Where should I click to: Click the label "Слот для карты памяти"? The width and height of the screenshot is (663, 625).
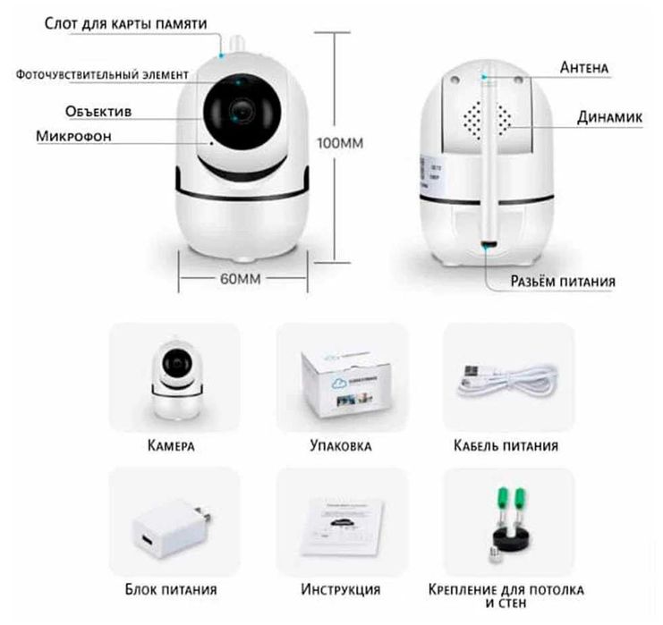pos(125,24)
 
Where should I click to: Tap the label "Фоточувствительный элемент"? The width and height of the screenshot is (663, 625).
pos(102,75)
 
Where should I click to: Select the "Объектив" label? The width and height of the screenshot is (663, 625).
pos(98,112)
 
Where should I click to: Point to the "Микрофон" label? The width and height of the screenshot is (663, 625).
pos(73,136)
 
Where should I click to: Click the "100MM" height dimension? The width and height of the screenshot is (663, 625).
pos(340,143)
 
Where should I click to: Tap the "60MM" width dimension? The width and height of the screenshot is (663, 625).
pos(240,279)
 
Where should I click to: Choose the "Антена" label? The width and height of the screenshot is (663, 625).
pos(584,68)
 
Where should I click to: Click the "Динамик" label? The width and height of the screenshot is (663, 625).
pos(609,117)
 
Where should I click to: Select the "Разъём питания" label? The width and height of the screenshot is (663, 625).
pos(563,281)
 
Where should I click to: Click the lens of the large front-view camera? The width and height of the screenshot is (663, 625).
pos(242,111)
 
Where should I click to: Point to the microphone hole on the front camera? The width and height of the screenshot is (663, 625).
pos(211,143)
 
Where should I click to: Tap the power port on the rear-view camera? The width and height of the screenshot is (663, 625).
pos(489,245)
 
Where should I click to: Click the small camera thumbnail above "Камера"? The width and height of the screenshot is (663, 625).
pos(177,378)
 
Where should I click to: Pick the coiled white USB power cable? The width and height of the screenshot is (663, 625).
pos(507,380)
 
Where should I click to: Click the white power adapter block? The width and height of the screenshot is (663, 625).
pos(171,529)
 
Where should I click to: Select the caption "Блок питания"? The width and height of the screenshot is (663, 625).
pos(171,589)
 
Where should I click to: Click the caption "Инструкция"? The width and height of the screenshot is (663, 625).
pos(340,589)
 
